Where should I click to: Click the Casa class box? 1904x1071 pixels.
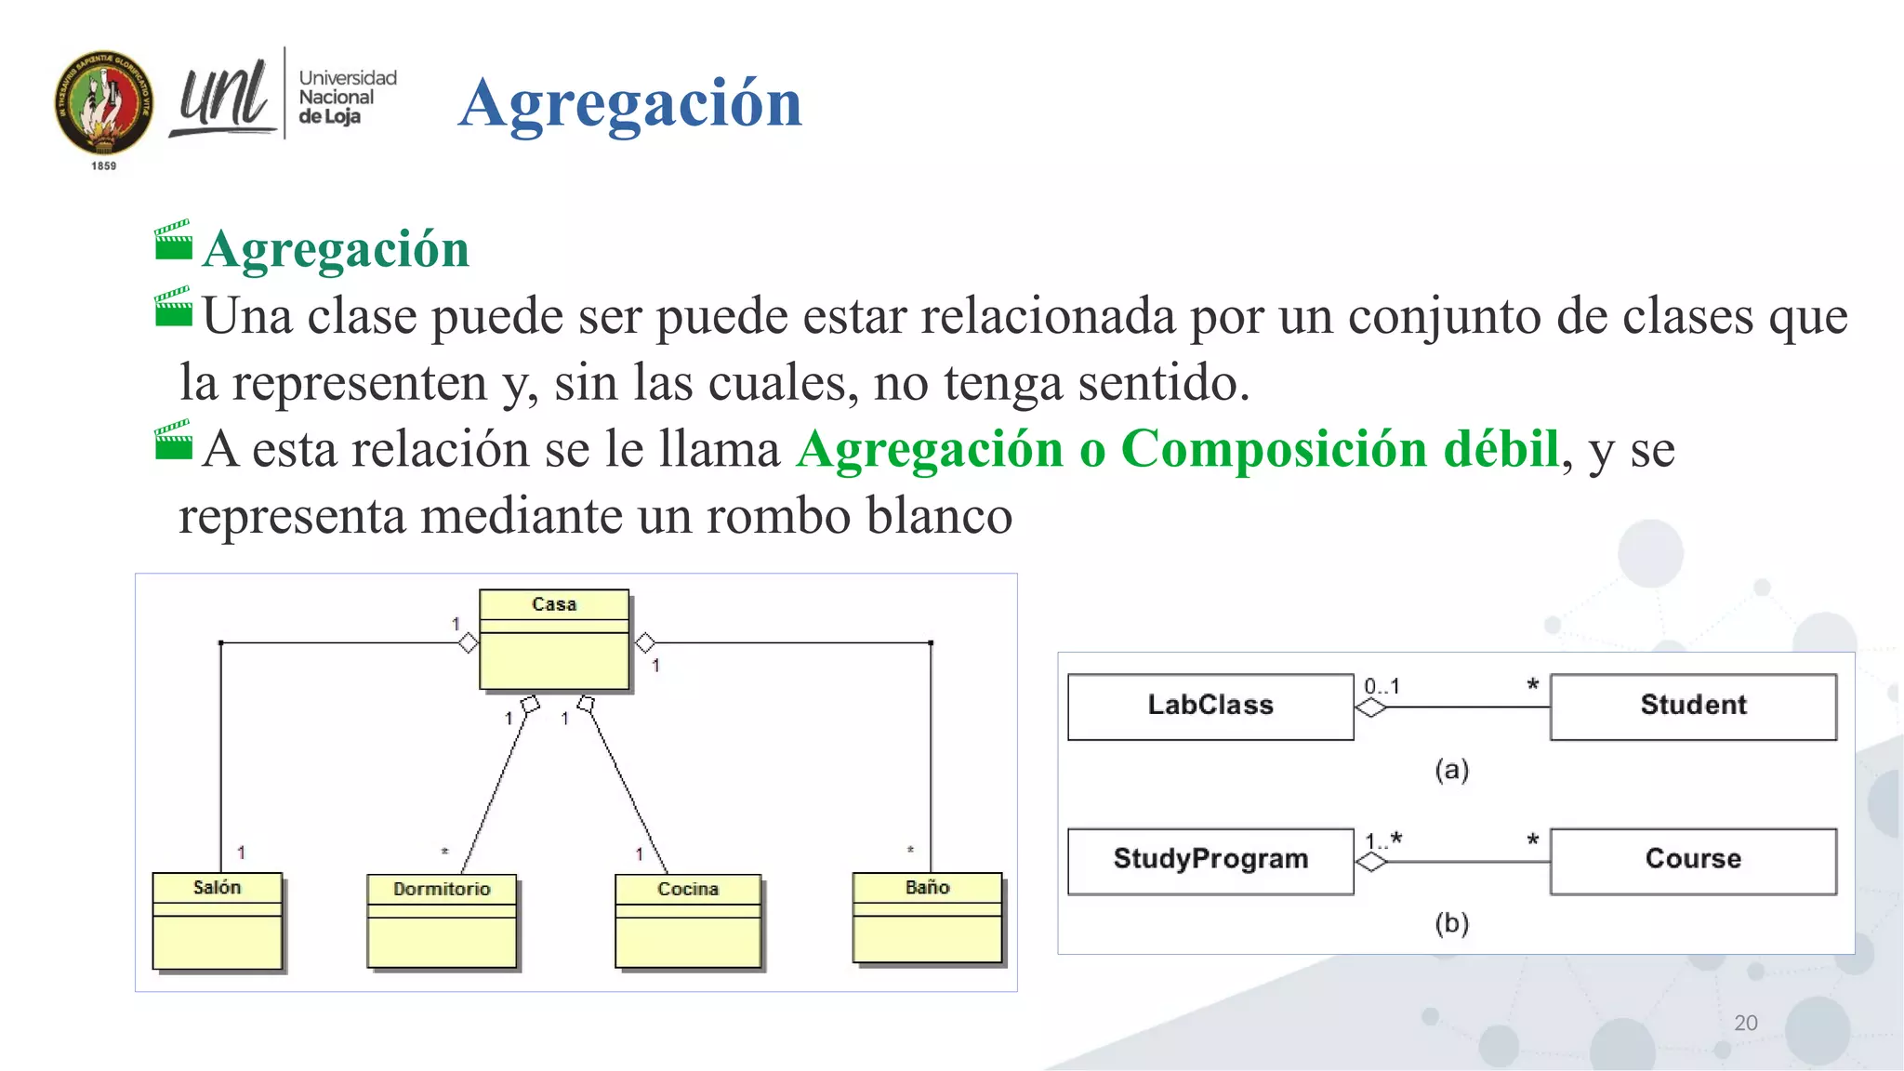coord(554,640)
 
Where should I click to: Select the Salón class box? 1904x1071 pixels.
coord(218,921)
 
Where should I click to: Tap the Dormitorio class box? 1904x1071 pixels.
coord(442,921)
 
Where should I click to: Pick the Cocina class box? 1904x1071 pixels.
coord(688,921)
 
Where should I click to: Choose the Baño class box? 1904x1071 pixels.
coord(928,918)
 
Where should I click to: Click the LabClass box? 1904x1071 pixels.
coord(1210,707)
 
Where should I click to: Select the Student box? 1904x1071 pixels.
coord(1693,707)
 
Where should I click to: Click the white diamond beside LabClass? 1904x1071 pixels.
coord(1371,708)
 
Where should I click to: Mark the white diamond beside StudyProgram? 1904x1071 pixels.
coord(1371,863)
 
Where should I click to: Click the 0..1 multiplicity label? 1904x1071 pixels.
coord(1382,687)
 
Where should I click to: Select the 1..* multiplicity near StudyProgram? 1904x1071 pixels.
coord(1383,841)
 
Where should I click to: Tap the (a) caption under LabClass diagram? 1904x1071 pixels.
coord(1451,770)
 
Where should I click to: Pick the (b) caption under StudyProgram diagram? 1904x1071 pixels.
coord(1451,923)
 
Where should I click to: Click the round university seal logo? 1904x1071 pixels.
coord(104,103)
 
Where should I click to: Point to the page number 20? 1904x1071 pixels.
coord(1745,1023)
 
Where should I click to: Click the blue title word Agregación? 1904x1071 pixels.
coord(630,103)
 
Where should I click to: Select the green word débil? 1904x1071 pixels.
coord(1501,449)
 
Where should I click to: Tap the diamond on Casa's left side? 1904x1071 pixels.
coord(469,642)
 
